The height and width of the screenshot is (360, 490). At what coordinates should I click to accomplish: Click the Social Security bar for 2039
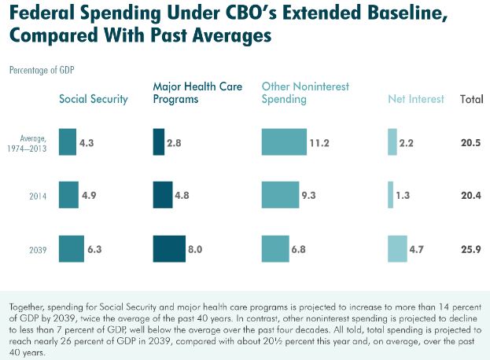pos(71,248)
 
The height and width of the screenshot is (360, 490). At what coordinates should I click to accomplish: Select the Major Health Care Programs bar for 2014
pos(162,194)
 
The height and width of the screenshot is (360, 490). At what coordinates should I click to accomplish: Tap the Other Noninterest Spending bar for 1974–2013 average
pos(284,141)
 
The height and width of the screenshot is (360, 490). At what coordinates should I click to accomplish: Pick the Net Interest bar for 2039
pos(397,248)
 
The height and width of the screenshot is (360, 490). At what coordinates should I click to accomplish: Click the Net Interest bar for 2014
pos(390,194)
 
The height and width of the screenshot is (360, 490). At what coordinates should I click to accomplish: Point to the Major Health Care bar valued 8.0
pos(168,248)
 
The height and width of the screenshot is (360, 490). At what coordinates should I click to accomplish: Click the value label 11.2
pos(319,142)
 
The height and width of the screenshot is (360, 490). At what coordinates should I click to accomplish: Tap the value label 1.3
pos(403,195)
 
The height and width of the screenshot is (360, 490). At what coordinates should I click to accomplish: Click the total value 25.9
pos(471,249)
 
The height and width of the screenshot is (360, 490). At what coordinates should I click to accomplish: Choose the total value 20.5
pos(471,142)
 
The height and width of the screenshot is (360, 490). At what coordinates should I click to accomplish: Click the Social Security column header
pos(94,99)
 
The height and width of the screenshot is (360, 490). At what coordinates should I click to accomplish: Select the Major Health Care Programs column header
pos(197,93)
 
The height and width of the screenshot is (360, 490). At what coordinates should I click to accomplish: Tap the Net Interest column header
pos(416,99)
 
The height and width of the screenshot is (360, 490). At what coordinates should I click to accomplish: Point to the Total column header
pos(471,99)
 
